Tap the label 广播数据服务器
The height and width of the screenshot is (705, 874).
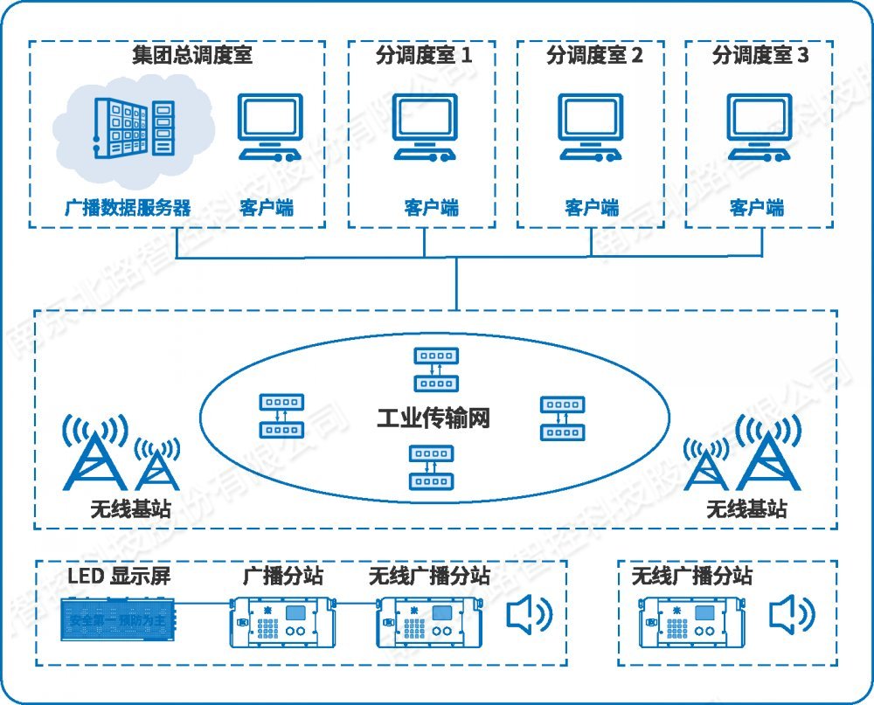point(128,208)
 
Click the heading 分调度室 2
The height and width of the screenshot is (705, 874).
point(594,57)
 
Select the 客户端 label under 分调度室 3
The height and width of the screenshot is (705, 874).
point(757,208)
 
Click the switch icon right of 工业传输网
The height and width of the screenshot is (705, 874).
point(561,418)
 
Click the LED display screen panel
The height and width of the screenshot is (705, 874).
point(121,620)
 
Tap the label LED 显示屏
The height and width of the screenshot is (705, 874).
point(119,577)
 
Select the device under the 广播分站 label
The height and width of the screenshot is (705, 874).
point(282,620)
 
